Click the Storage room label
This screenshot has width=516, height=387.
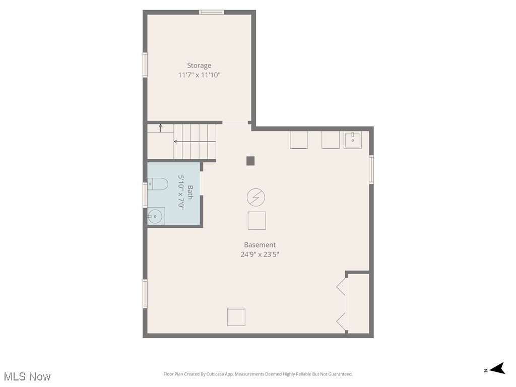point(199,66)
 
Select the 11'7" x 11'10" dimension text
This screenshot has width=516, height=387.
point(199,75)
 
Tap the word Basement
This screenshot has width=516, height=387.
point(260,245)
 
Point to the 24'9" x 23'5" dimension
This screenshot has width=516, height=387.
point(260,254)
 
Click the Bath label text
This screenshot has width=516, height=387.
point(190,192)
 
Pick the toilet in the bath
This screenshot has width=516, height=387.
point(158,184)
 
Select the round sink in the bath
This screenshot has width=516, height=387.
point(156,217)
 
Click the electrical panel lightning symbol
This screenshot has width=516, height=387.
point(256,198)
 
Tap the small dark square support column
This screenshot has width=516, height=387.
point(250,161)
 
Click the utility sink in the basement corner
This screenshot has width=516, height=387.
point(352,140)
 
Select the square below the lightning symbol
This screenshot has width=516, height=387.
point(256,221)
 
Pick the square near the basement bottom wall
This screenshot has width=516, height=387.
point(236,316)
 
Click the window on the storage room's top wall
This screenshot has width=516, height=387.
point(211,12)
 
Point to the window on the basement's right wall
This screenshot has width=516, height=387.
point(371,169)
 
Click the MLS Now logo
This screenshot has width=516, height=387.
point(27,376)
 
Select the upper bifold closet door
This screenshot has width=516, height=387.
point(341,287)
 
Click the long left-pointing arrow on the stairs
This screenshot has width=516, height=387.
point(194,142)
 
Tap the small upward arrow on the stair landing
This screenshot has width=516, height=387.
point(161,127)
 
